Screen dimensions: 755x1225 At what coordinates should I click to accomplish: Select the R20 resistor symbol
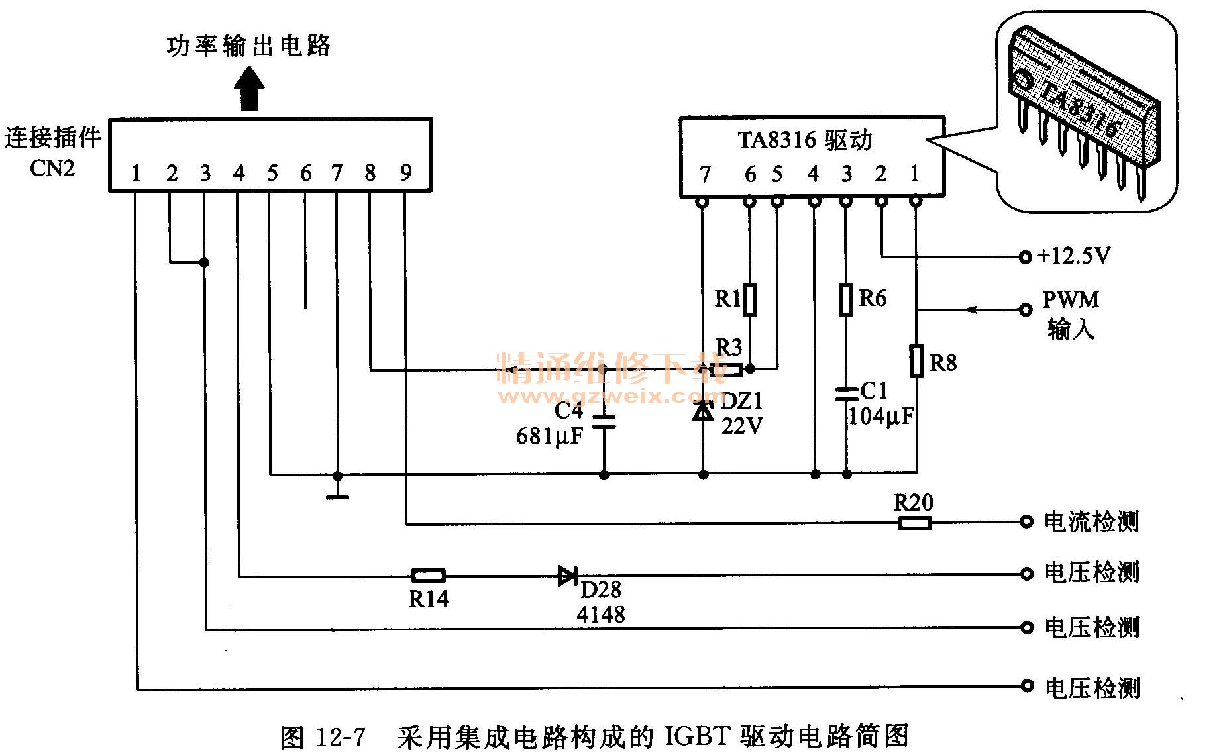coord(915,523)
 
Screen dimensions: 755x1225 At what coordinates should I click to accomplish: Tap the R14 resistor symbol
coord(428,576)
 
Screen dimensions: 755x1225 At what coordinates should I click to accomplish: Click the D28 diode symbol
coord(567,576)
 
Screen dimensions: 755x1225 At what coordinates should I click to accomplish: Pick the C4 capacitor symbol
coord(604,422)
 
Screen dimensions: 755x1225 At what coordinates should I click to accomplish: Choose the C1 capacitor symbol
coord(846,395)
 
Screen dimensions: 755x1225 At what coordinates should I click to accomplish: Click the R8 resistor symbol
coord(916,361)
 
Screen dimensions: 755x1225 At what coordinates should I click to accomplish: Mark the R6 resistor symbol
coord(846,299)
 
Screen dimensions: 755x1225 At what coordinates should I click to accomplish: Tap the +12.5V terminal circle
coord(1025,256)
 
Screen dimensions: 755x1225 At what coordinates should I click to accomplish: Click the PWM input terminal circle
coord(1025,309)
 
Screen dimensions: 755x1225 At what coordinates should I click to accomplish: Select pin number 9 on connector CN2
coord(406,173)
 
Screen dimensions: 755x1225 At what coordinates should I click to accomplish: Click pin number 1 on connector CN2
coord(136,174)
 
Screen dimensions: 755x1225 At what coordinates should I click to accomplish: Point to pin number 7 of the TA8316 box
coord(705,175)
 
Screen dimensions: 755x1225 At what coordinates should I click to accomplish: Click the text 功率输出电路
coord(248,46)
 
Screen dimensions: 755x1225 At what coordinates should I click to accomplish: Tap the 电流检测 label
coord(1091,522)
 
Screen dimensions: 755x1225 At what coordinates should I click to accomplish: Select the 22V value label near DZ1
coord(742,426)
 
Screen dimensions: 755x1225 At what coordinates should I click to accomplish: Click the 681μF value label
coord(549,436)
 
